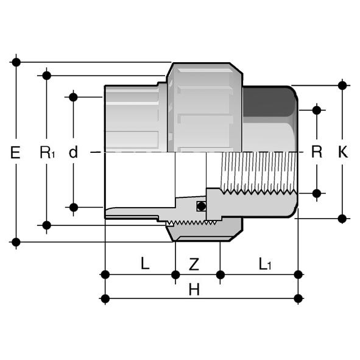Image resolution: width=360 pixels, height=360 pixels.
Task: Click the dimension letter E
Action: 15,152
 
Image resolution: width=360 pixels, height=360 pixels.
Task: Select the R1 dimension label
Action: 48,152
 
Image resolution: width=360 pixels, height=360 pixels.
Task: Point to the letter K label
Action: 343,152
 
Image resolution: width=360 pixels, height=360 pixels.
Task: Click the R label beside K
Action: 317,152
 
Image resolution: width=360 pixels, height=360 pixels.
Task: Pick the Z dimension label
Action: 194,264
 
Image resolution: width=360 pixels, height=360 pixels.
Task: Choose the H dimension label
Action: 194,289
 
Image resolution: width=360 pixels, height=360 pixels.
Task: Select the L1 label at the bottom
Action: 265,264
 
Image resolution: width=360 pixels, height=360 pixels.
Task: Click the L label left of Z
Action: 145,263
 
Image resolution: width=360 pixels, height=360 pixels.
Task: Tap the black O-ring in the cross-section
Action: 202,206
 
